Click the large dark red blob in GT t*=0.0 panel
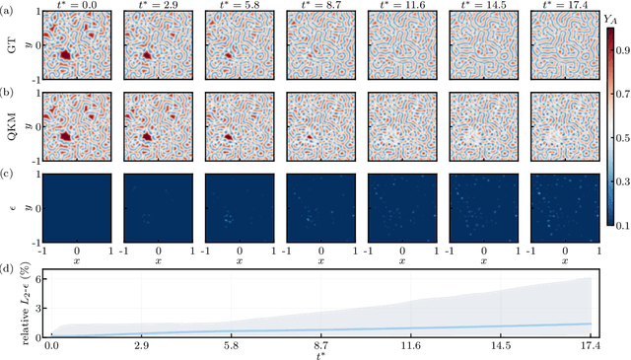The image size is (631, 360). click(65, 57)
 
